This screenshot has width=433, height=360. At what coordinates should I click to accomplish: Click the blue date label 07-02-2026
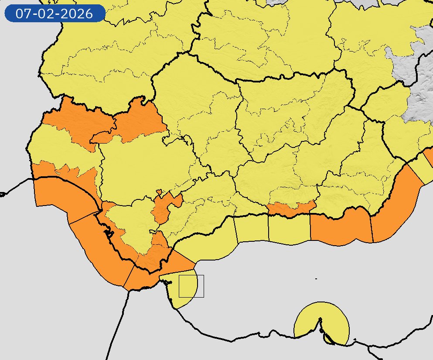pos(55,14)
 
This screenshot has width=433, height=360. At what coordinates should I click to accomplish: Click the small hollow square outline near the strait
pos(191,286)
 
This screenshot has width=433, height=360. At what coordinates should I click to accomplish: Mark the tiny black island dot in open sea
pos(316,278)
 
